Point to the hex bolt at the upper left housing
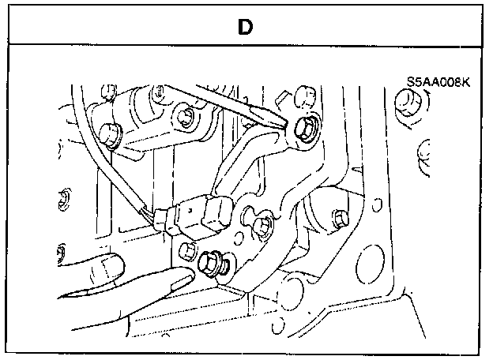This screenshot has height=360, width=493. pos(184,118)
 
